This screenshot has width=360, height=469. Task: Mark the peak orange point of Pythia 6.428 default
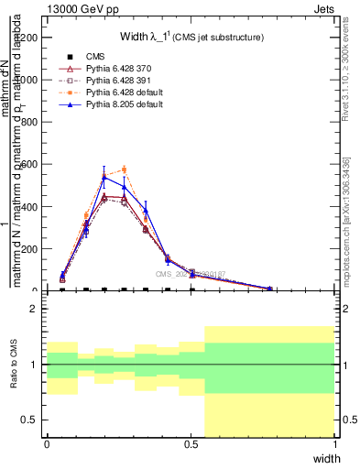click(x=124, y=169)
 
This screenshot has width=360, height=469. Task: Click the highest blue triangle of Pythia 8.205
click(x=104, y=178)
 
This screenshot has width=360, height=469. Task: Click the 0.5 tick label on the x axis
click(x=191, y=444)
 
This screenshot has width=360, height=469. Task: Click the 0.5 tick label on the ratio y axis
click(x=31, y=420)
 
